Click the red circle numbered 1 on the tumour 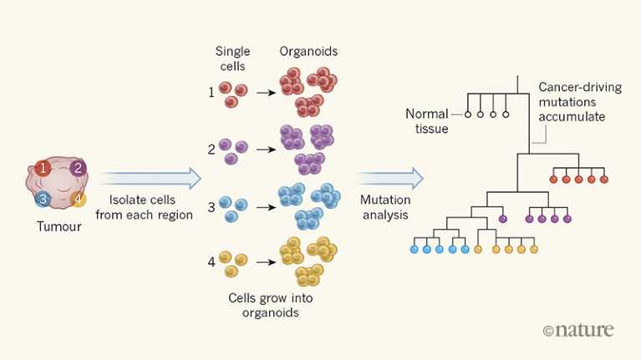click(43, 168)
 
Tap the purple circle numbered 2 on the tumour click(78, 168)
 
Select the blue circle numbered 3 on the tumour click(43, 199)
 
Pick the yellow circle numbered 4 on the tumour click(78, 199)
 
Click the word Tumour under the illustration click(59, 226)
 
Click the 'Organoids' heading click(309, 51)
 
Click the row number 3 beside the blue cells click(211, 205)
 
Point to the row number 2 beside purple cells click(211, 149)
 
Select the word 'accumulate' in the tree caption click(572, 117)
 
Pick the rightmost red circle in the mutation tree click(604, 179)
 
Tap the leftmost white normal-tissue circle click(468, 114)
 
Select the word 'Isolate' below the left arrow click(127, 200)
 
